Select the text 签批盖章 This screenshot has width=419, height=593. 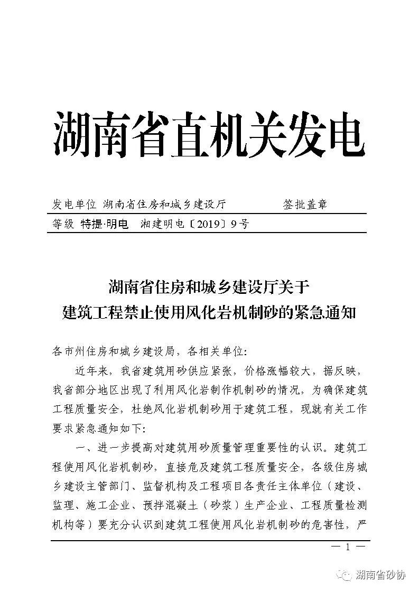click(305, 205)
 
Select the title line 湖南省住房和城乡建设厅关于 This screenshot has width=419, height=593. click(209, 288)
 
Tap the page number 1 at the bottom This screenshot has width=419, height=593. click(347, 548)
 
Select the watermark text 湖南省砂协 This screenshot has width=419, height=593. click(380, 575)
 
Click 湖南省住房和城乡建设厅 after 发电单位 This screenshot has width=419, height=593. click(164, 205)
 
